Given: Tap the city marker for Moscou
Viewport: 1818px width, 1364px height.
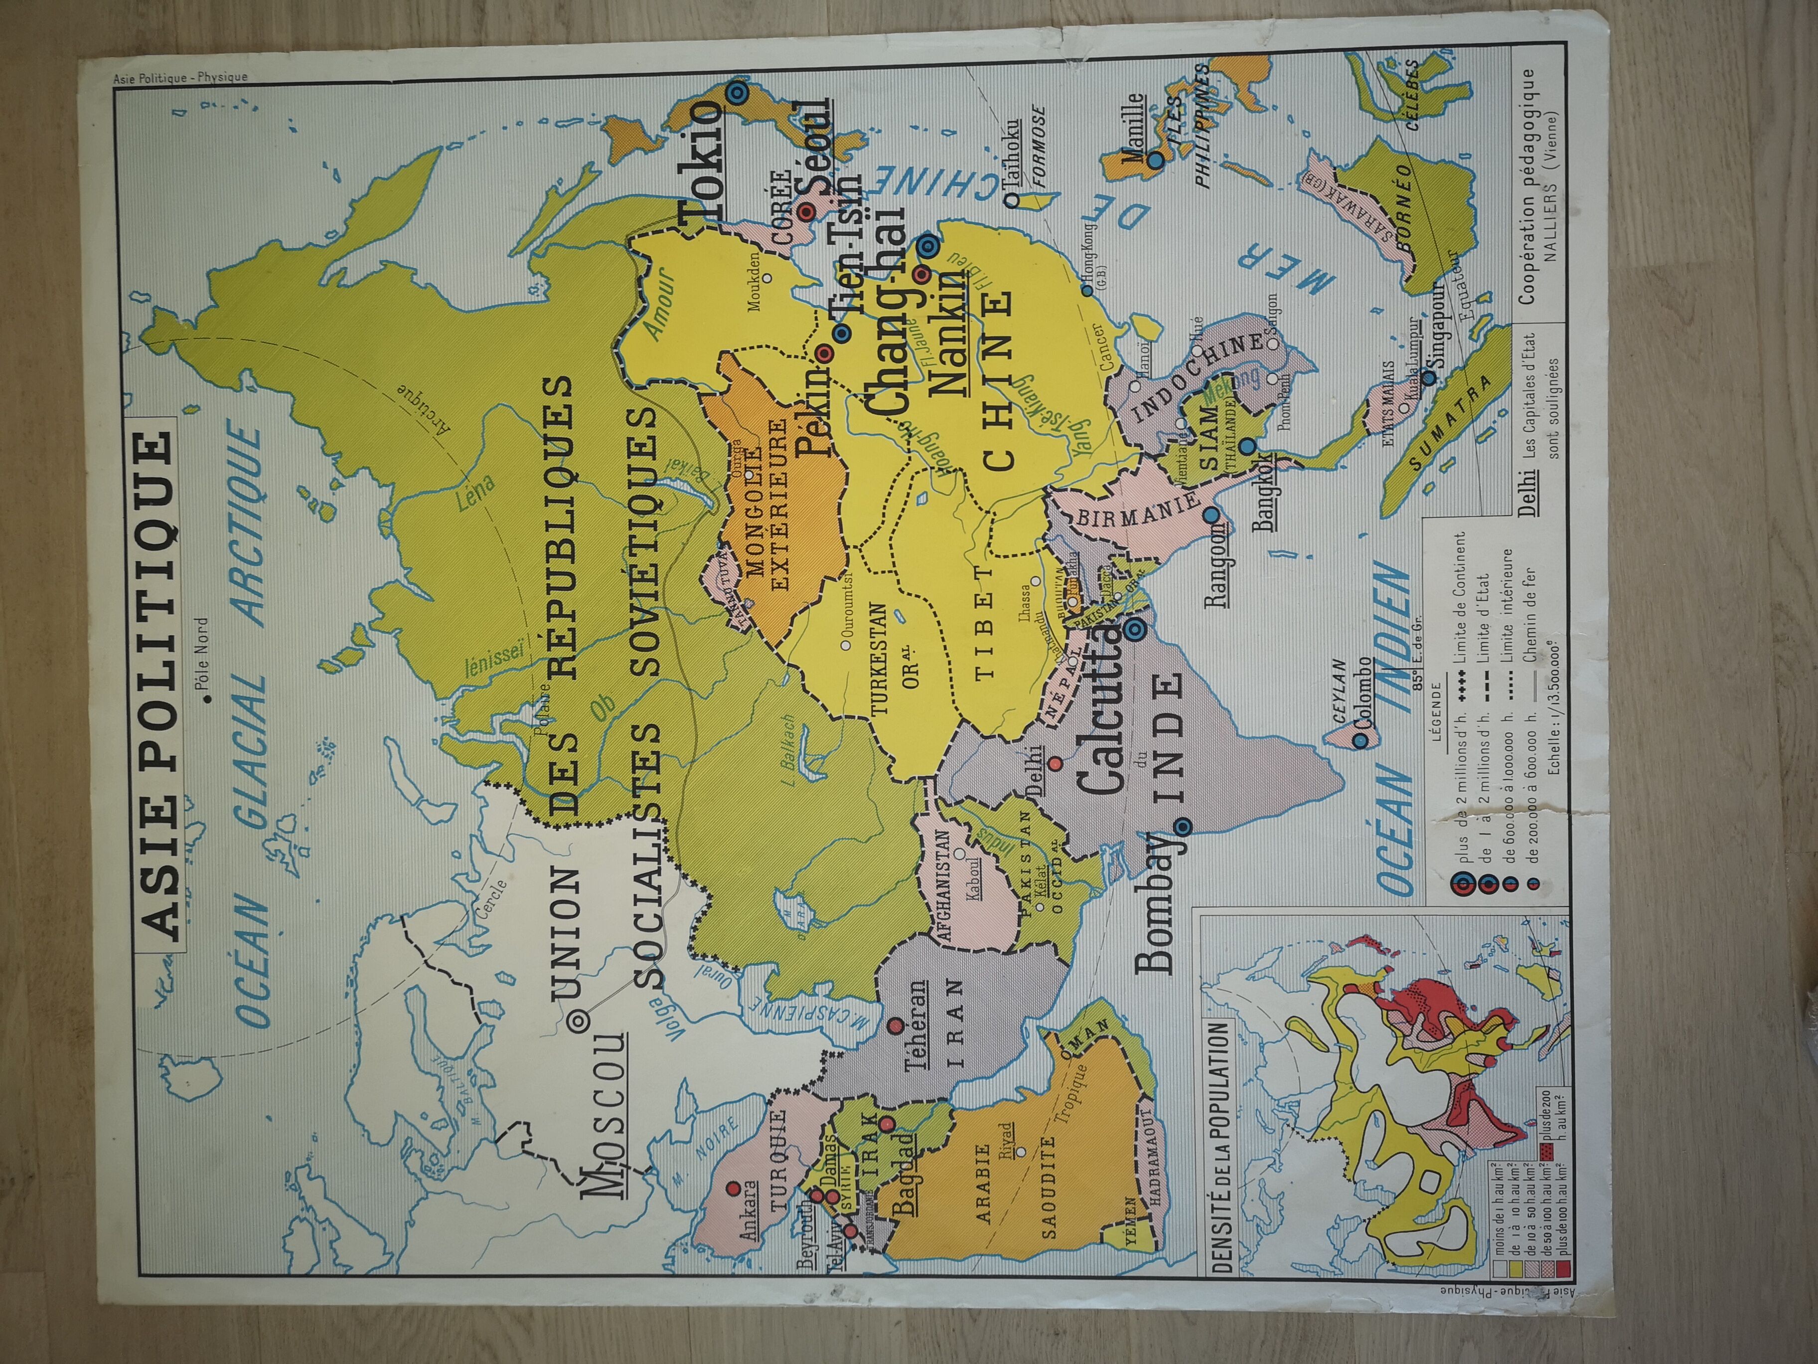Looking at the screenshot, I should click(x=578, y=1021).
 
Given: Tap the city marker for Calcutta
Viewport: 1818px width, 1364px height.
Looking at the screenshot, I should click(x=1135, y=629).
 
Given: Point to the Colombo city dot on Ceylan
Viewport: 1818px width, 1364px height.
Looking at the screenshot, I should click(x=1360, y=740).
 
